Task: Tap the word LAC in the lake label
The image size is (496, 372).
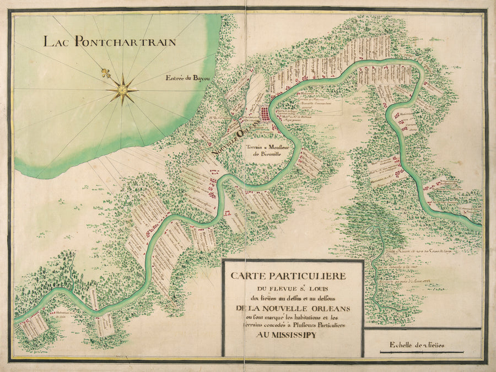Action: click(58, 41)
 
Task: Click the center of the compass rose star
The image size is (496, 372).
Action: click(122, 89)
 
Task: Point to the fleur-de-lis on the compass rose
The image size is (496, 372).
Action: click(105, 73)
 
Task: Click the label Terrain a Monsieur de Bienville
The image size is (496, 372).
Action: click(263, 151)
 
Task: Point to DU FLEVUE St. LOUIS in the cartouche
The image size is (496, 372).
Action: click(292, 287)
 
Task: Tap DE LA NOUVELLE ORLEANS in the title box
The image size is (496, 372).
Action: click(293, 308)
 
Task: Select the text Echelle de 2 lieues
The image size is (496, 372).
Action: click(417, 345)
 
